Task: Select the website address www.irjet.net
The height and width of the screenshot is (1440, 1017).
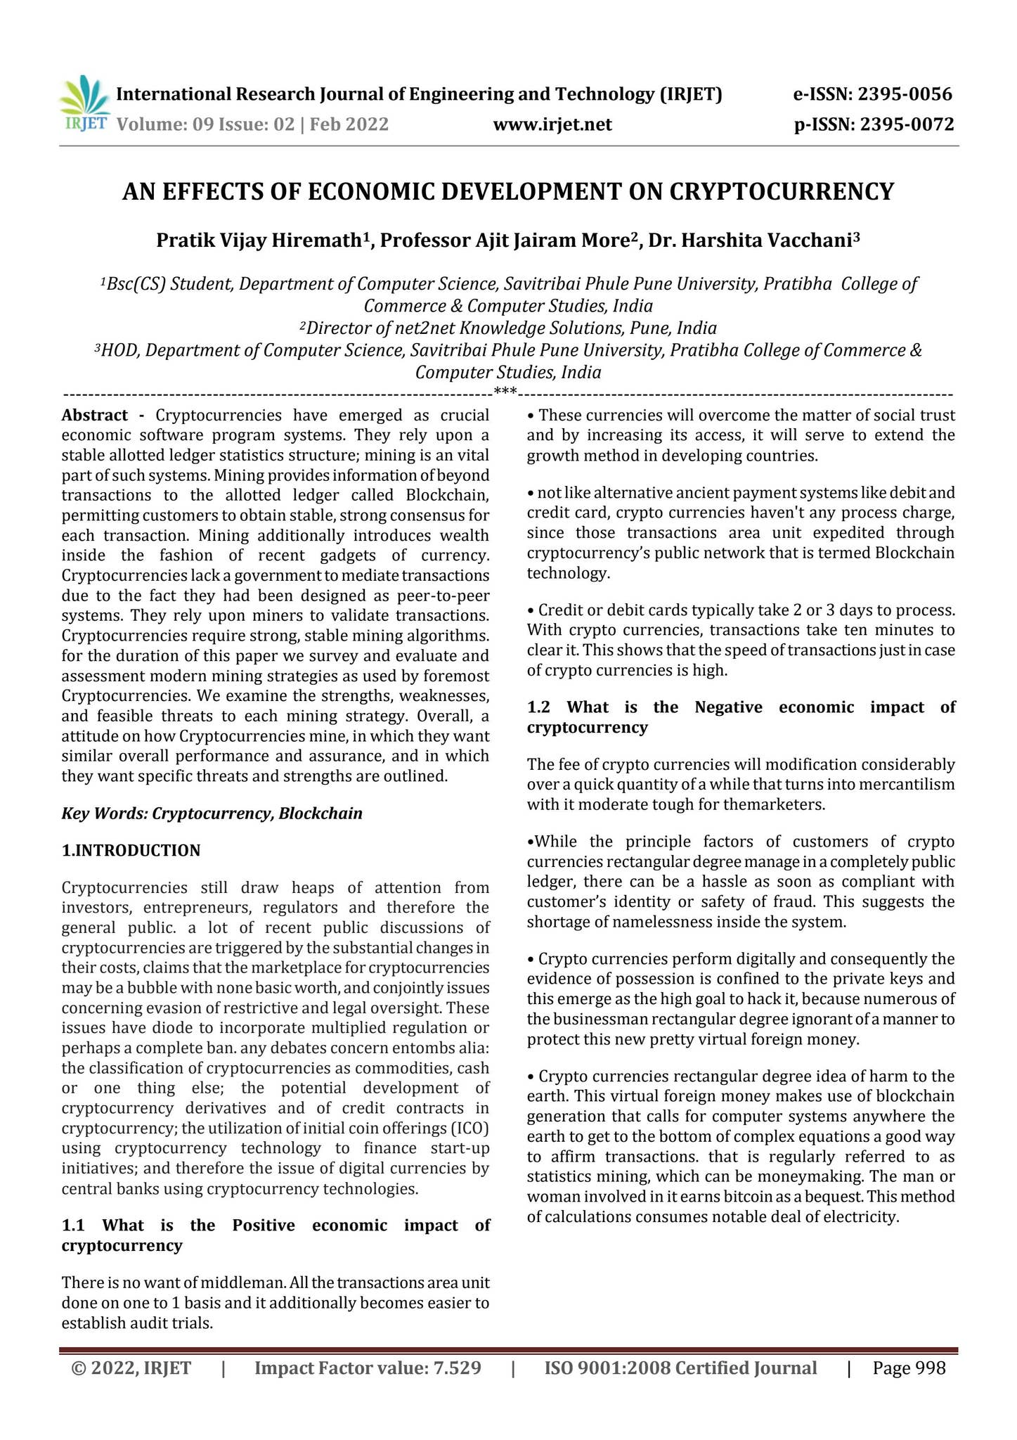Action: click(552, 124)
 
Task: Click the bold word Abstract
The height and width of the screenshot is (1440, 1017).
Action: click(95, 415)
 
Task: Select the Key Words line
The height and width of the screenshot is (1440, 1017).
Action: click(212, 814)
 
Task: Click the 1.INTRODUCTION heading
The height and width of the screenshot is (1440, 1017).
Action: click(131, 850)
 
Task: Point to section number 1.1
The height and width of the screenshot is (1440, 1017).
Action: click(74, 1225)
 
